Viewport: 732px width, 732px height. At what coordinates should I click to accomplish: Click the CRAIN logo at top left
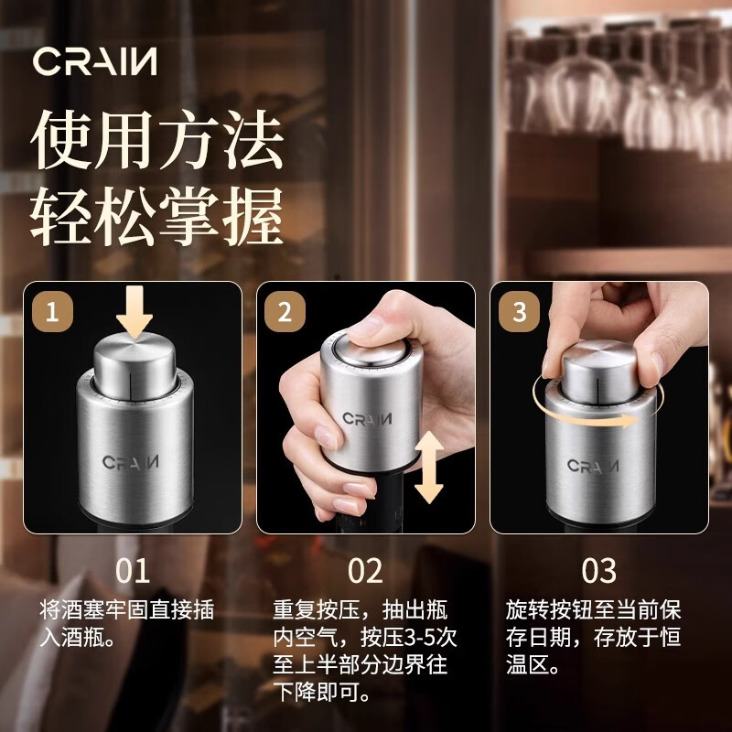pyautogui.click(x=95, y=61)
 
